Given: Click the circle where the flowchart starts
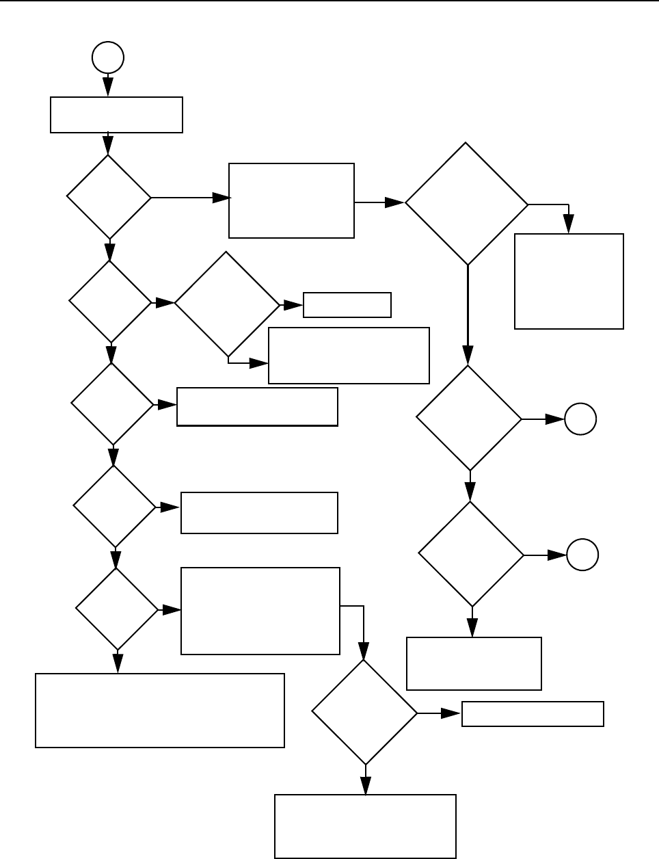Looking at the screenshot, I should [108, 59].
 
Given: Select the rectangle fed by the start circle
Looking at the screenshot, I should [117, 114].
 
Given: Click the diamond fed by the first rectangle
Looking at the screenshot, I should [109, 197].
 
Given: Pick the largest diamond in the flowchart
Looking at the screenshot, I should [467, 204].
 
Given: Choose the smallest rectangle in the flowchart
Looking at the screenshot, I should [347, 305].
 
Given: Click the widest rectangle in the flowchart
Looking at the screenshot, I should [160, 710].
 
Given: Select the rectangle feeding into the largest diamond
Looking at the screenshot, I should [292, 200].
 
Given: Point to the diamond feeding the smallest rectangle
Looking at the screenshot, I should [227, 304].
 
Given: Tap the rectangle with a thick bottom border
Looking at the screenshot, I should [257, 407].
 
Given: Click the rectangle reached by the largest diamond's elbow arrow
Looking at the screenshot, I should [569, 281].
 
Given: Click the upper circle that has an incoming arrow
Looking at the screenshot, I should [580, 419].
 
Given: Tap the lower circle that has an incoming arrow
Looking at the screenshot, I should [582, 555].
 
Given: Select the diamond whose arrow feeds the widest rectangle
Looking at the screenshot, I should [117, 608].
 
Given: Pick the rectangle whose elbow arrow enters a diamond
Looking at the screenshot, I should [260, 611].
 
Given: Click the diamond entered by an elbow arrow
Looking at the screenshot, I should [364, 712].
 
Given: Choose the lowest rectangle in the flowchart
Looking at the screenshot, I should [365, 825].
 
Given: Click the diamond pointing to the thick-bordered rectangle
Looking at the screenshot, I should [112, 404].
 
